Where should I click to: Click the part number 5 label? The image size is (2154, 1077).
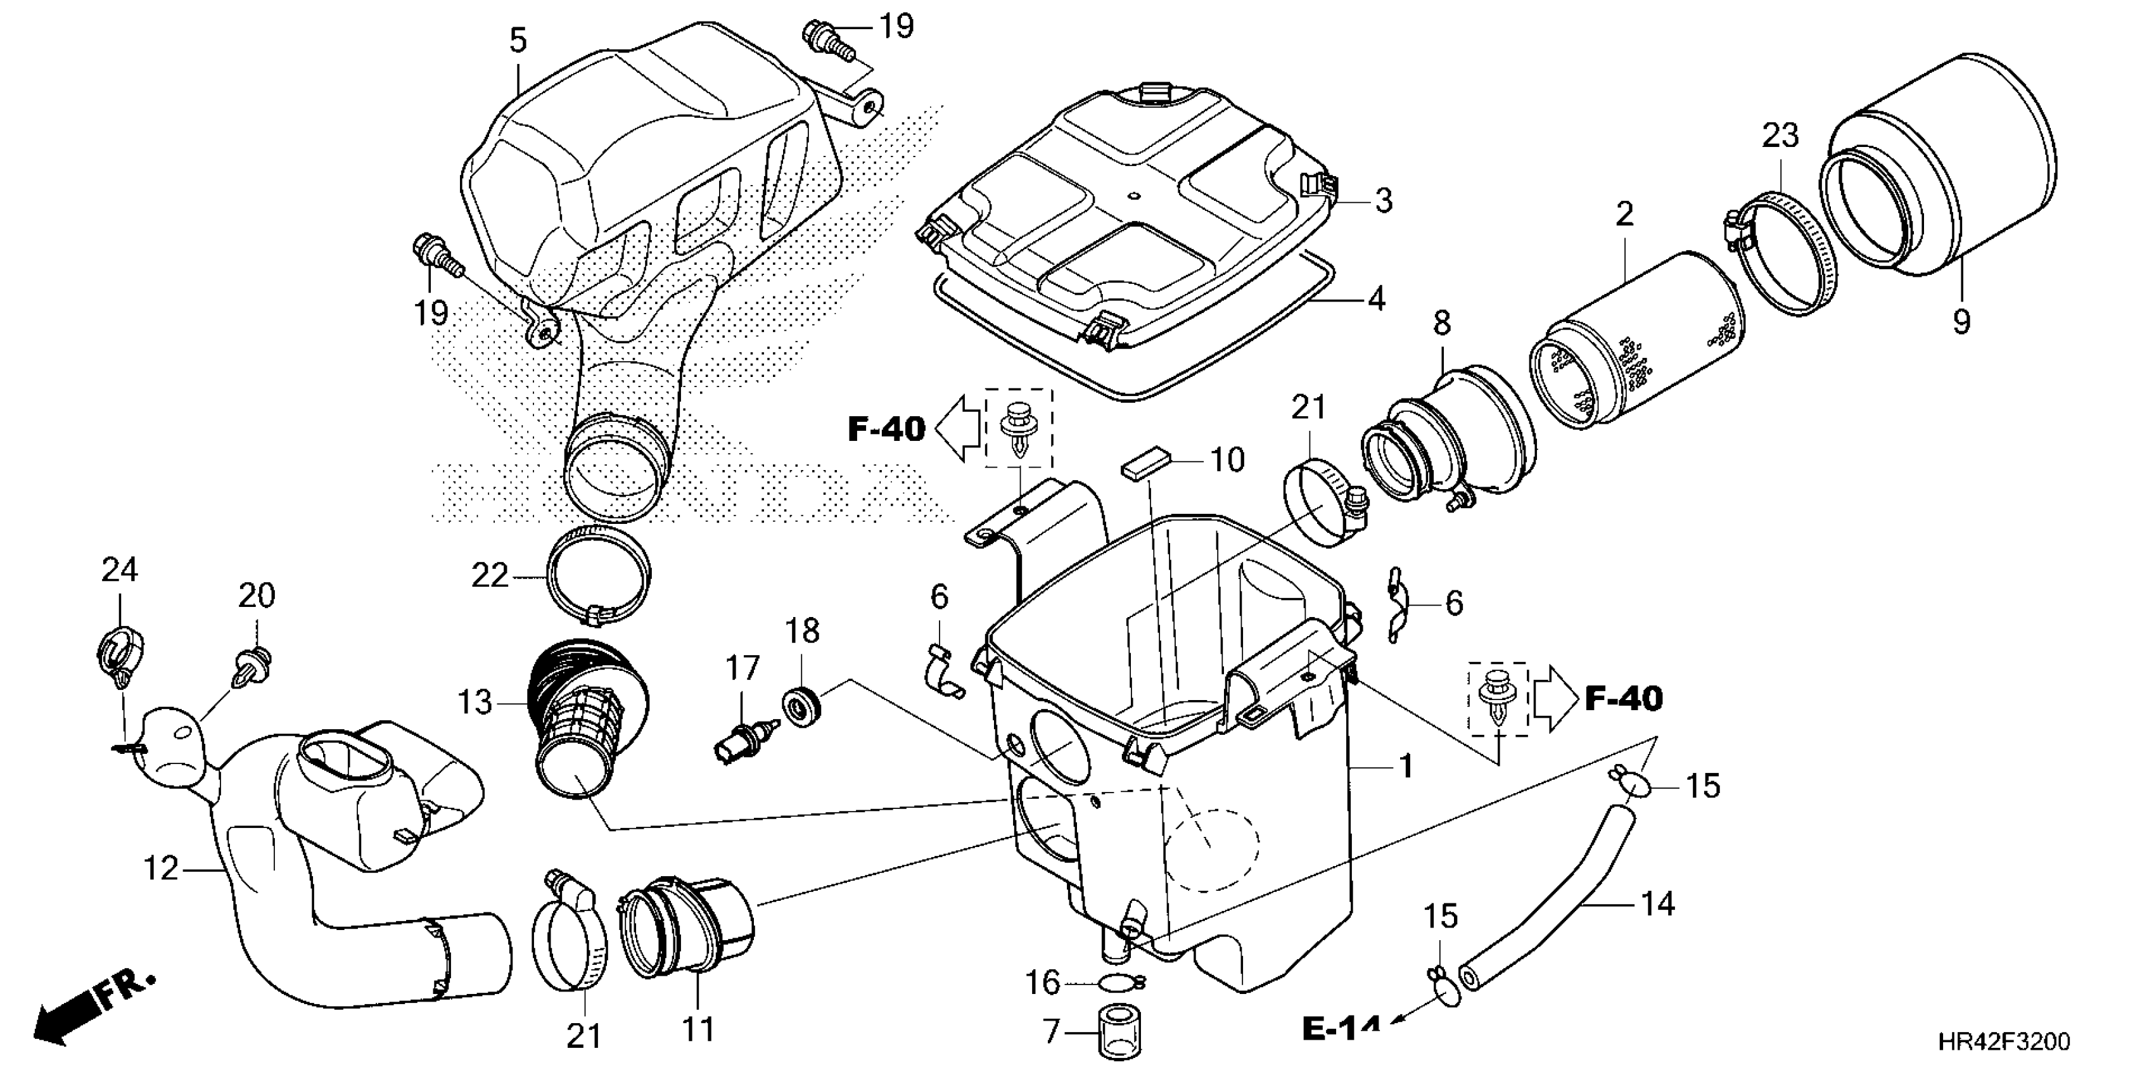518,40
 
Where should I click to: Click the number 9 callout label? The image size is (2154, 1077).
1961,321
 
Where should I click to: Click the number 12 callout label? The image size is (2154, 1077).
160,870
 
